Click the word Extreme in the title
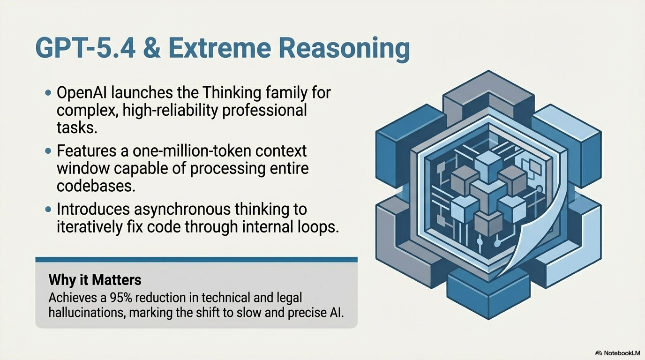pos(227,49)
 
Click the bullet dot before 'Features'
pos(48,151)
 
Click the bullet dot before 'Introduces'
pos(48,209)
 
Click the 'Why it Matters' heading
pos(95,280)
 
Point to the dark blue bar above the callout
pos(196,259)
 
